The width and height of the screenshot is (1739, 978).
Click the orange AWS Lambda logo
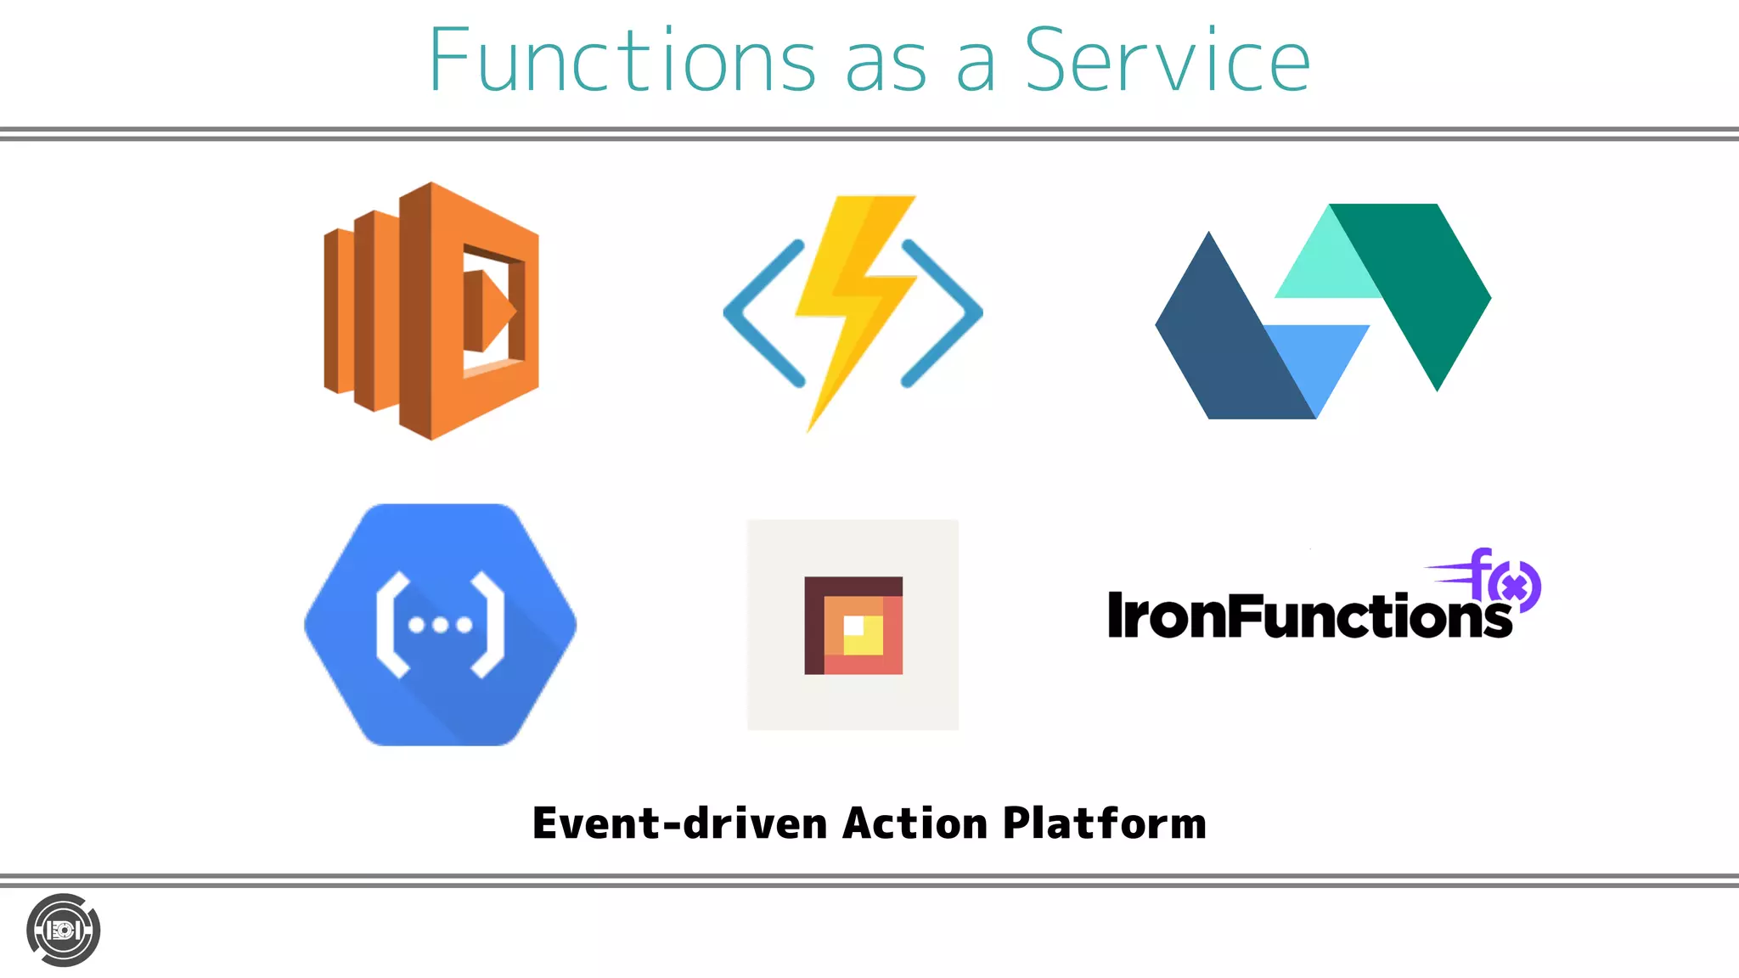point(431,311)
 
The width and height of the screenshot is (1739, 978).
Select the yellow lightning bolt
point(853,306)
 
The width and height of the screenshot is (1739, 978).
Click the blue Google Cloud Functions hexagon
point(440,625)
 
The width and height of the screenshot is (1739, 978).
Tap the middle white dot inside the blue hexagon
point(441,626)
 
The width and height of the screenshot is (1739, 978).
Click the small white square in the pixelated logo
point(853,626)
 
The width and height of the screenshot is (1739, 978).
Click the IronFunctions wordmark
point(1308,616)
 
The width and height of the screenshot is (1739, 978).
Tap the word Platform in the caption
point(1104,823)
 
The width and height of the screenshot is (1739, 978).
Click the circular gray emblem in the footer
point(64,930)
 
